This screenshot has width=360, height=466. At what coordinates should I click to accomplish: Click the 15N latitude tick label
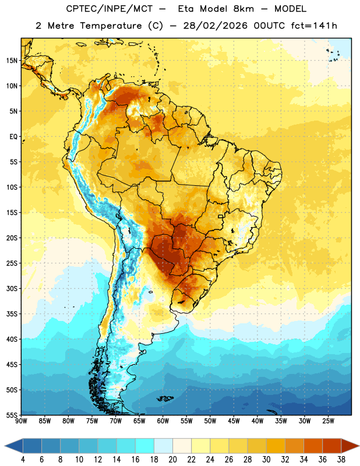pyautogui.click(x=12, y=61)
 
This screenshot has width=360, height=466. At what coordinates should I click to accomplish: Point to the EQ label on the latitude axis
pyautogui.click(x=13, y=137)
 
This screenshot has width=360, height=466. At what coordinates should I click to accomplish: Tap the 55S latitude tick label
pyautogui.click(x=12, y=415)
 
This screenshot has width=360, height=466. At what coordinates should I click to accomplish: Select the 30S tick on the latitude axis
pyautogui.click(x=12, y=288)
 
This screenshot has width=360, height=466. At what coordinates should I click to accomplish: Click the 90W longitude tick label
pyautogui.click(x=21, y=421)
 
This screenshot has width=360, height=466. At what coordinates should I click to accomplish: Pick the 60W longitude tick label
pyautogui.click(x=163, y=421)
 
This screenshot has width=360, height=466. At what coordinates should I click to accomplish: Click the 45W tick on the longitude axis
pyautogui.click(x=234, y=421)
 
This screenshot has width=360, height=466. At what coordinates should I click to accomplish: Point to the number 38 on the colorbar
pyautogui.click(x=341, y=460)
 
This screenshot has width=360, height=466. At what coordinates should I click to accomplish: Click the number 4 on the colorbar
pyautogui.click(x=23, y=460)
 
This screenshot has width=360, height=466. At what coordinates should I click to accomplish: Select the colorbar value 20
pyautogui.click(x=172, y=460)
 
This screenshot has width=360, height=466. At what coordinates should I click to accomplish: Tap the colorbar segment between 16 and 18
pyautogui.click(x=145, y=446)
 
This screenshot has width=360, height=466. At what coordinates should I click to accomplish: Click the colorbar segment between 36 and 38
pyautogui.click(x=332, y=446)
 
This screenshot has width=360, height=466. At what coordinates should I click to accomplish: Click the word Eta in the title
pyautogui.click(x=186, y=9)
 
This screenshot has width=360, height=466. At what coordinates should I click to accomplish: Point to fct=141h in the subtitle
pyautogui.click(x=314, y=26)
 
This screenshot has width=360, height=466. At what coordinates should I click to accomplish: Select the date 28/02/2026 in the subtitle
pyautogui.click(x=215, y=26)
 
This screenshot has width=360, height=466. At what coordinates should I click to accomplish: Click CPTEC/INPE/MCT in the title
pyautogui.click(x=109, y=9)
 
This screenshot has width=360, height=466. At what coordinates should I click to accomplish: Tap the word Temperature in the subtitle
pyautogui.click(x=111, y=26)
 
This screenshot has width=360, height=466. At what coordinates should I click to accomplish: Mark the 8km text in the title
pyautogui.click(x=243, y=9)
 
